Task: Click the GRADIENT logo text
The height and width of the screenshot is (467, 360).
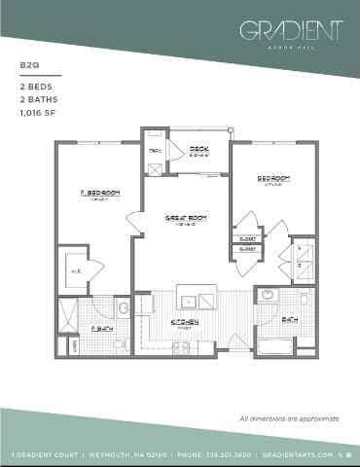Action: (291, 30)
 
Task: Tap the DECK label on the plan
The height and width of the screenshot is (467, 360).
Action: (198, 149)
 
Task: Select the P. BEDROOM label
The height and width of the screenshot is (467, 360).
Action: (99, 193)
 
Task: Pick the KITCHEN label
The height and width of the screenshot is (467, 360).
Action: (185, 321)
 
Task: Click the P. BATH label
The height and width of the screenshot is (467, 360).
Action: (100, 329)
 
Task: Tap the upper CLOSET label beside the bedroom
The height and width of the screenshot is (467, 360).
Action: (247, 238)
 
